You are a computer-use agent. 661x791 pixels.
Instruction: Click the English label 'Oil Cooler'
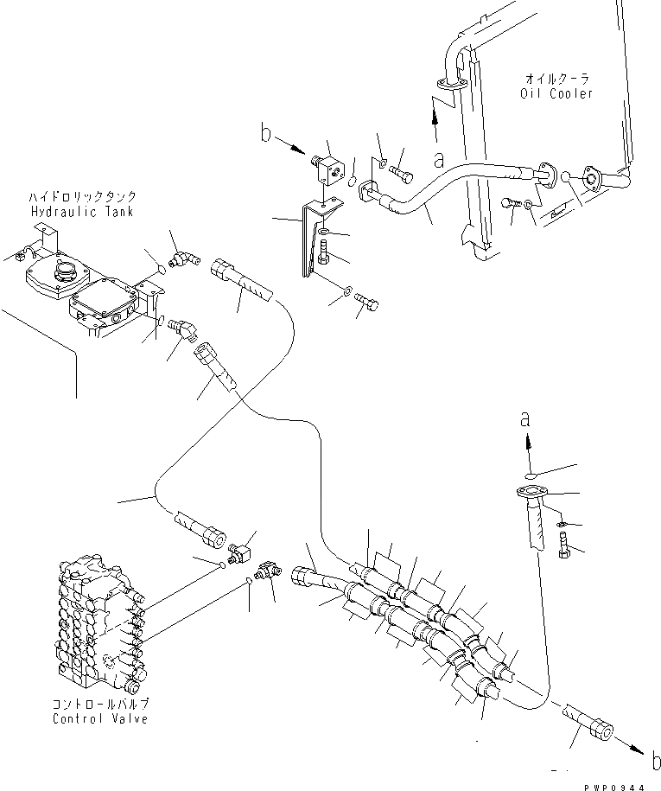point(557,93)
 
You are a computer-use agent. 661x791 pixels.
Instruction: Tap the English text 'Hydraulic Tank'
point(82,212)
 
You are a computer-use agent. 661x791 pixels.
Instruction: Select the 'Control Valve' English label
point(99,719)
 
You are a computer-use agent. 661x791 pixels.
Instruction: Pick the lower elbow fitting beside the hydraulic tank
point(182,327)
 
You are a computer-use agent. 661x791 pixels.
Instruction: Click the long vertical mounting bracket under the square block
point(308,242)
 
